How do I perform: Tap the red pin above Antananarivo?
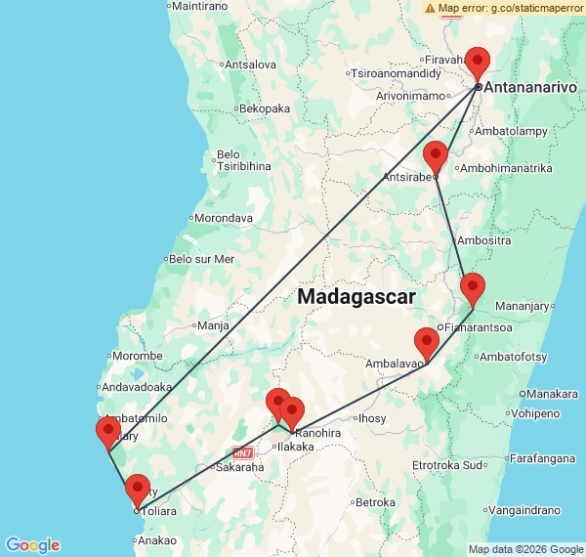pos(478,61)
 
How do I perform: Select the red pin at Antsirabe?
pos(436,155)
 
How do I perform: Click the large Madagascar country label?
pos(357,296)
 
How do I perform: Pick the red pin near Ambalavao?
pos(427,342)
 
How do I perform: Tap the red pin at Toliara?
pos(138,489)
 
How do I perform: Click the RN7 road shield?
pos(242,452)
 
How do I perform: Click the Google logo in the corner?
pos(32,545)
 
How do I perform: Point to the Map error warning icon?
pos(431,8)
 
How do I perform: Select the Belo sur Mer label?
pos(202,259)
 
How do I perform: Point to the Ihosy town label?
pos(373,418)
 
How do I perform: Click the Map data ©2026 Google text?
pos(524,549)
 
